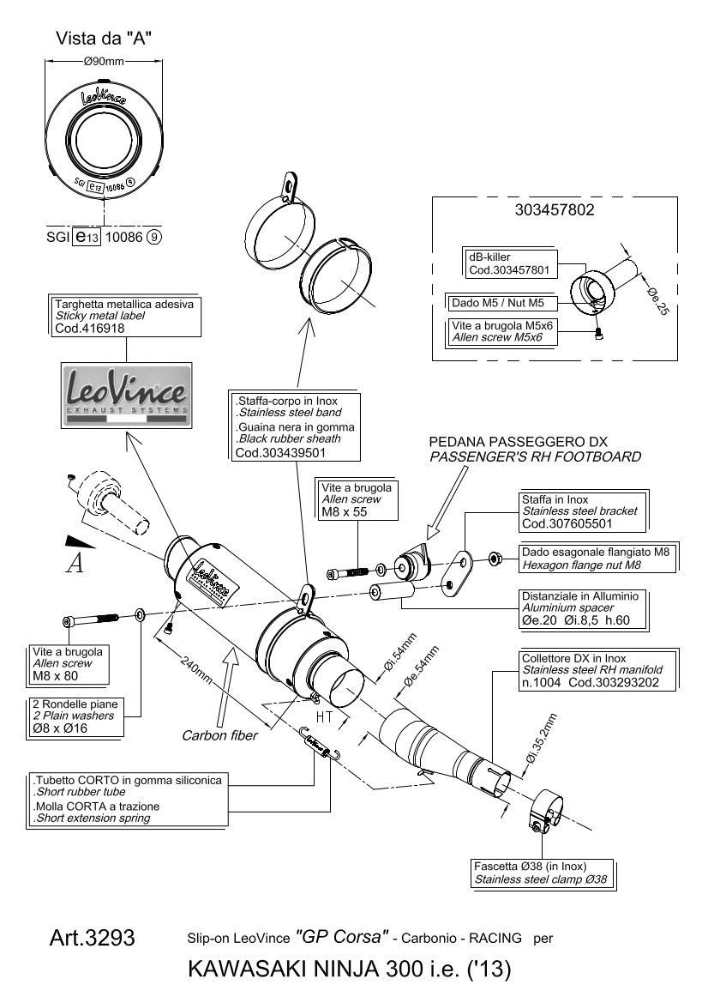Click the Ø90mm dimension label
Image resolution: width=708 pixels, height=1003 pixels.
(x=103, y=61)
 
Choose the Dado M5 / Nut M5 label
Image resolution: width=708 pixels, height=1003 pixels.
(x=503, y=303)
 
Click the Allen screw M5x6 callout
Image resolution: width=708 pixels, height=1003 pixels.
(x=503, y=332)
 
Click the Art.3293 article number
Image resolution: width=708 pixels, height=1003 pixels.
(x=93, y=939)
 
